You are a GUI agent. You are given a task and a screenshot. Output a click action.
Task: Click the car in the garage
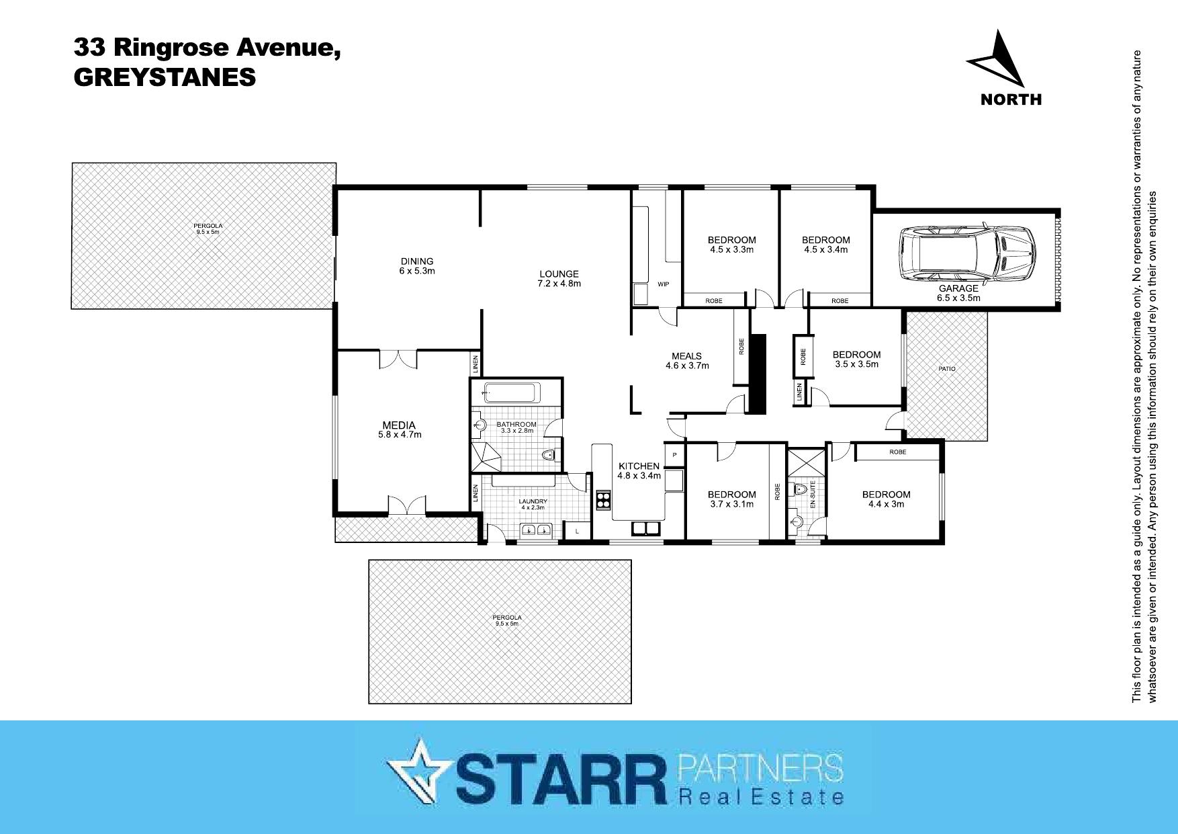966,254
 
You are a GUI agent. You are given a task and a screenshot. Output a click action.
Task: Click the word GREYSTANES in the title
165,77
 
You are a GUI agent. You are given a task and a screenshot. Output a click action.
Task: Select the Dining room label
417,266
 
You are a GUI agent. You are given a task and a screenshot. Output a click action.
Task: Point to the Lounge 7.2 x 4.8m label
559,278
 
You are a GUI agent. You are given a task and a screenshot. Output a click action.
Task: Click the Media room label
399,429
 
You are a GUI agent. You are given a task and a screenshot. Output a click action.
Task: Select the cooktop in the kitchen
603,499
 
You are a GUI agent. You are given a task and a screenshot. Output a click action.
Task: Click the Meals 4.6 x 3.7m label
686,361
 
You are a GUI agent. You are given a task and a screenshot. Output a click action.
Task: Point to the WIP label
664,284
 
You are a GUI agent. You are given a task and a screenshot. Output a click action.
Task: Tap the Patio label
947,369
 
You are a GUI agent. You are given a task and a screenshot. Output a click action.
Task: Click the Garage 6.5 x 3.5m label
958,293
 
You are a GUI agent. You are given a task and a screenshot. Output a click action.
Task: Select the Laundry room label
533,504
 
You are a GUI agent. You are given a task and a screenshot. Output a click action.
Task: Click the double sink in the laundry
536,531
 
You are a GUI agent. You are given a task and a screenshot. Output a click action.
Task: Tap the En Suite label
812,493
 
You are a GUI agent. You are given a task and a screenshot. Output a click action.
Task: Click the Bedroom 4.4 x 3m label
887,499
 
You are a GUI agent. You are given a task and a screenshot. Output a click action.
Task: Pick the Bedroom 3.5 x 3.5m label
856,360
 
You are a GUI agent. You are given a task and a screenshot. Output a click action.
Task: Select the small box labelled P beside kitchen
674,455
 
